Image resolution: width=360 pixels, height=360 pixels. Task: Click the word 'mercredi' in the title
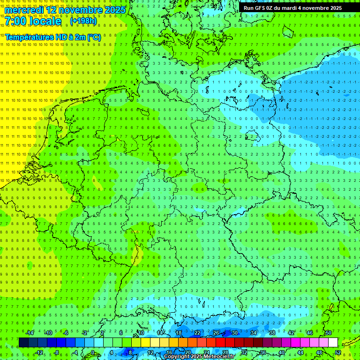click(24, 10)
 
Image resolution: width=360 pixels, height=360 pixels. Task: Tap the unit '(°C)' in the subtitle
click(93, 37)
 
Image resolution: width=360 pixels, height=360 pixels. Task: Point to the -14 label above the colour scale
click(30, 333)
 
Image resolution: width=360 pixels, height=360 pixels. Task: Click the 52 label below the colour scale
click(338, 352)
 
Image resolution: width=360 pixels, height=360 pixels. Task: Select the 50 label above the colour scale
click(328, 333)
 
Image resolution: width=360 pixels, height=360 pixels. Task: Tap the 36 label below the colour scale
click(262, 352)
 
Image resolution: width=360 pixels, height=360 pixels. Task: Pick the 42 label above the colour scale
click(291, 333)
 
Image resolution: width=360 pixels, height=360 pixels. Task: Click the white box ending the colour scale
click(333, 343)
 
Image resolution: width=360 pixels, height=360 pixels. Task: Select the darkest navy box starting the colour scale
click(23, 343)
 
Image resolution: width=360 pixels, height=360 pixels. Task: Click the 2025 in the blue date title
click(115, 10)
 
